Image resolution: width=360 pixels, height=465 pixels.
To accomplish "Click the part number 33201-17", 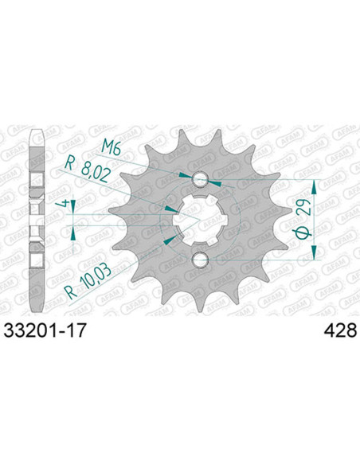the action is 45,330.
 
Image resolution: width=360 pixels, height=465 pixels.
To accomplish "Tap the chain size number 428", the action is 340,330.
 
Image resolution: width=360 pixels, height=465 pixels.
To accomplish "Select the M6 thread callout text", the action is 111,147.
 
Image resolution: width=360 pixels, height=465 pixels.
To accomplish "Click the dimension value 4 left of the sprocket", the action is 65,205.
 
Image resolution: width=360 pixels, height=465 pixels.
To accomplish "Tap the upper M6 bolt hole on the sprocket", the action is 200,179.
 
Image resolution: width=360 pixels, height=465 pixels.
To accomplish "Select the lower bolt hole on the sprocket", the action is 200,260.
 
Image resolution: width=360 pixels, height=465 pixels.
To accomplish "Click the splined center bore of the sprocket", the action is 200,220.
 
